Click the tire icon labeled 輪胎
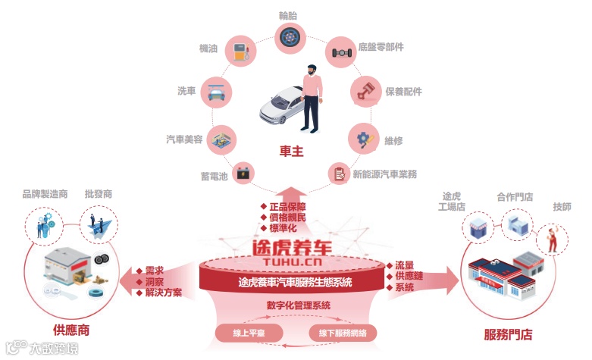[288, 36]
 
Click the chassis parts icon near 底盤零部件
[340, 52]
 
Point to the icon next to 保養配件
[365, 92]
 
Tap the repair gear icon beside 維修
[362, 139]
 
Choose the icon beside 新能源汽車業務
[339, 174]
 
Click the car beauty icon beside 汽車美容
[221, 139]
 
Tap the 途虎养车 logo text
[292, 247]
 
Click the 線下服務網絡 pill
[342, 333]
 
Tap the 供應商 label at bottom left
[72, 330]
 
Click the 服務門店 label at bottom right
[508, 334]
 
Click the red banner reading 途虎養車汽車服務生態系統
[292, 283]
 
